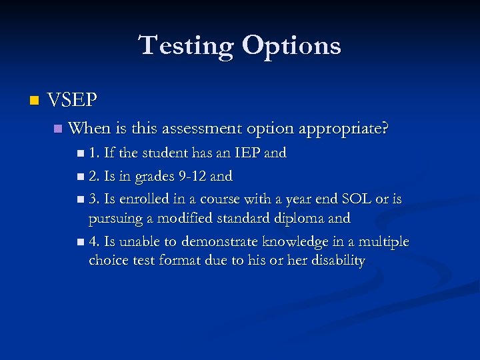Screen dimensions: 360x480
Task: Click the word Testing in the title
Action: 186,45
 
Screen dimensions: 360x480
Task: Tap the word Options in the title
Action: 291,45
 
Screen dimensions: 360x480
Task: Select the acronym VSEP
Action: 73,101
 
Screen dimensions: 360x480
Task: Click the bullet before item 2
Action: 80,177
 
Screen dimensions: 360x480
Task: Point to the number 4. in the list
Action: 94,241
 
